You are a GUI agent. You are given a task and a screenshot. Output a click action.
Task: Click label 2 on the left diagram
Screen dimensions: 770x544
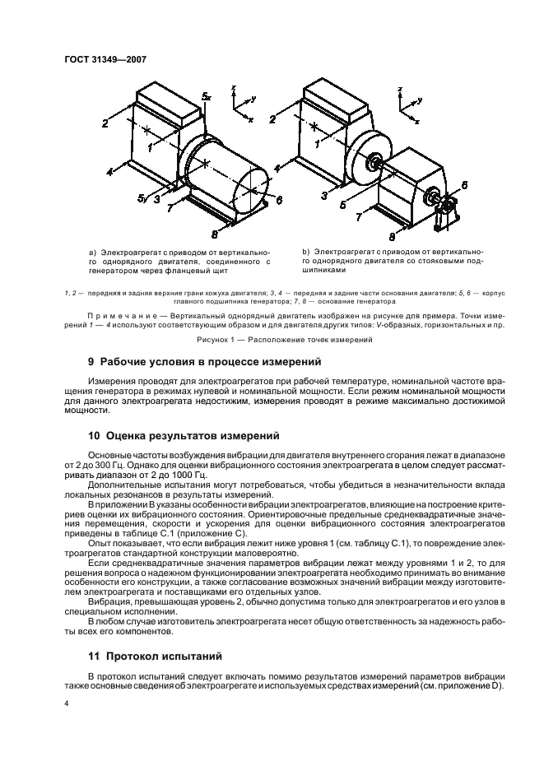click(106, 123)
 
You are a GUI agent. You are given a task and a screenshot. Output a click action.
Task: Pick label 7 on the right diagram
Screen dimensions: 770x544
click(358, 218)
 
